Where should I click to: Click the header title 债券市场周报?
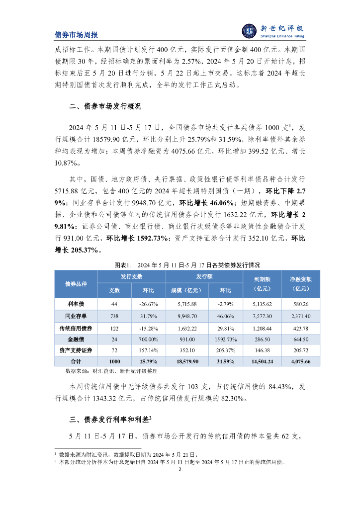[x=76, y=35]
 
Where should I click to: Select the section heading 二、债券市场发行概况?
[x=105, y=107]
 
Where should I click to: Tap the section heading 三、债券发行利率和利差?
[x=110, y=419]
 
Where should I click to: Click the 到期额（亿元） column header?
[x=262, y=283]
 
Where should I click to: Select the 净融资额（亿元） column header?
[x=300, y=283]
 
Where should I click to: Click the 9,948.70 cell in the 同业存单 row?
[x=187, y=316]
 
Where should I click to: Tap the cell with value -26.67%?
[x=148, y=304]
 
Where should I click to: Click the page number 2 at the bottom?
[x=180, y=469]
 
